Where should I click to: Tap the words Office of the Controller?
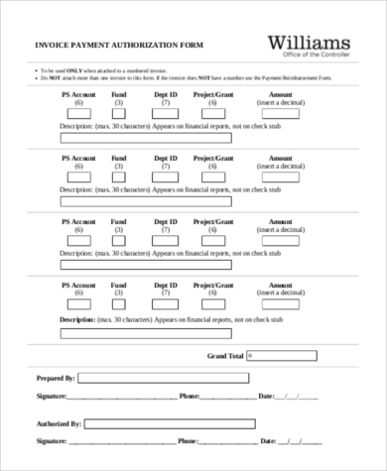pos(310,57)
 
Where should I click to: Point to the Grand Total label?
pos(225,354)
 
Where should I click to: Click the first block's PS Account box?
pos(77,113)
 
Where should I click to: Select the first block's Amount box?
pos(281,113)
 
